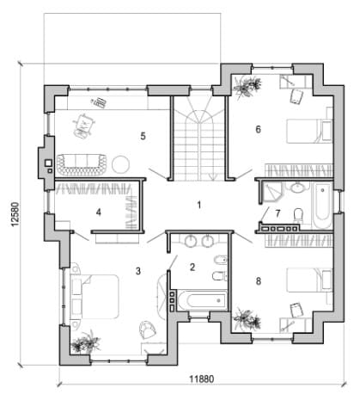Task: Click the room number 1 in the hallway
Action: [x=199, y=205]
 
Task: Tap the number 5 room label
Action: [x=143, y=136]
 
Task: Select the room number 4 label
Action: [x=99, y=212]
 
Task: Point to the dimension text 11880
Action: [x=202, y=379]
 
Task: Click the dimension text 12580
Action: [x=15, y=214]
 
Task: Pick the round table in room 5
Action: [x=120, y=164]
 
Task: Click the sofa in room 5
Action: [x=82, y=165]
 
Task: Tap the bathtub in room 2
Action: [x=202, y=300]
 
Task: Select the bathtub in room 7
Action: [x=322, y=206]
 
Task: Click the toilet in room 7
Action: [x=298, y=215]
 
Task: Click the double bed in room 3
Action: [x=95, y=297]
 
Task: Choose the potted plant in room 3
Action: [x=86, y=342]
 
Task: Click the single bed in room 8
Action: [x=309, y=280]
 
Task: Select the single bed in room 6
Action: [x=309, y=131]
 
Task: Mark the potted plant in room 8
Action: [x=247, y=319]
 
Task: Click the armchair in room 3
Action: [x=148, y=329]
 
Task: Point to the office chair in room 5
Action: [x=83, y=126]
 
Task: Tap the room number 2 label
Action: [x=192, y=268]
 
